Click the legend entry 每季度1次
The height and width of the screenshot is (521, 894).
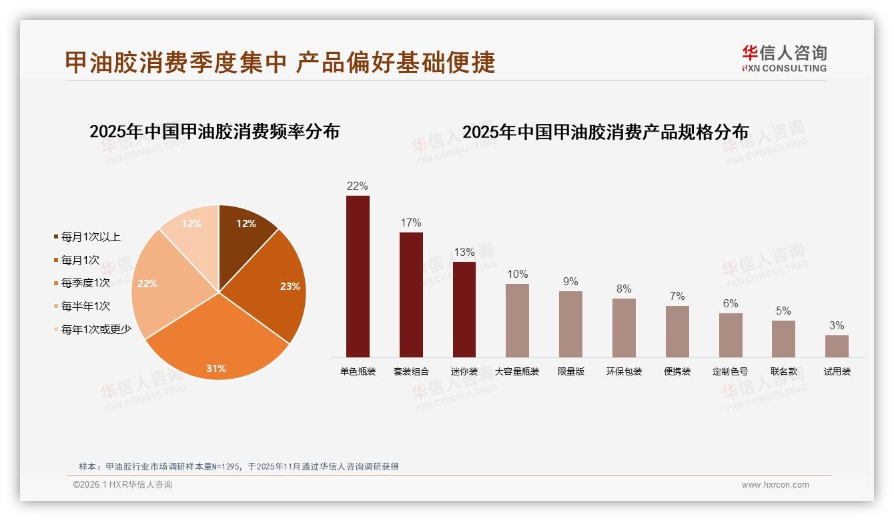[85, 283]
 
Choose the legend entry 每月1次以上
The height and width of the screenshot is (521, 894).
[91, 237]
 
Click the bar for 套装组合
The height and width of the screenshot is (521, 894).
[411, 295]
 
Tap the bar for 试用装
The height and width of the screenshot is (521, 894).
[837, 346]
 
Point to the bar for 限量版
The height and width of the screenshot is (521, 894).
[570, 324]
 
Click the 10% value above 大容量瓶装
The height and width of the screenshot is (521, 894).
[517, 274]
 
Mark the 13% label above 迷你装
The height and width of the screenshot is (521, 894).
[464, 252]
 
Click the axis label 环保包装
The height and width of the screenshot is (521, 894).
[624, 371]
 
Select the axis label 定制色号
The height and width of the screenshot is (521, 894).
[730, 371]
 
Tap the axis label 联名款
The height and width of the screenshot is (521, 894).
[783, 371]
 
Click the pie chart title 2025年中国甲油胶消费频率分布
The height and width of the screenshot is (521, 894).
[214, 132]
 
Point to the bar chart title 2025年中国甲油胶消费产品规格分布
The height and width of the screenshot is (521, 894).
[605, 132]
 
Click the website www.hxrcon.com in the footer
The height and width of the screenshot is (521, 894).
[775, 485]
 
